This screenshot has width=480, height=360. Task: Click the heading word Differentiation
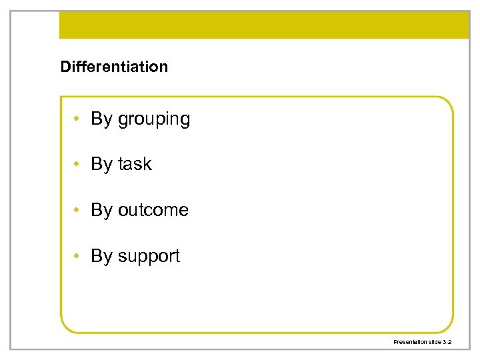(x=114, y=67)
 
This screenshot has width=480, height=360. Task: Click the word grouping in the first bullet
(x=154, y=119)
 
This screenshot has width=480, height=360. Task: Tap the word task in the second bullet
(x=135, y=164)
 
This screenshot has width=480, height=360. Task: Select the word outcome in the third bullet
(x=153, y=210)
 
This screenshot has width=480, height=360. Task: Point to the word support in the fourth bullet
(x=149, y=256)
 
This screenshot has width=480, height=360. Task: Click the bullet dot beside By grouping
(x=78, y=119)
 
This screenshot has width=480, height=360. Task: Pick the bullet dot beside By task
(x=78, y=165)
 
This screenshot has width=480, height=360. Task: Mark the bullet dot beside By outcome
(x=78, y=211)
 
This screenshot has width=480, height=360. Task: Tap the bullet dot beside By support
(x=78, y=256)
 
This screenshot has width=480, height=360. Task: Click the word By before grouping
(x=102, y=119)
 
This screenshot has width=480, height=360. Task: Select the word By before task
(x=102, y=164)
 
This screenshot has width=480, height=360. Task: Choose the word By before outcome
(x=102, y=210)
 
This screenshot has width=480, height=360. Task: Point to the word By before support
(x=102, y=256)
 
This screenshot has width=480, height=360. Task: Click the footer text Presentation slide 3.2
(x=423, y=341)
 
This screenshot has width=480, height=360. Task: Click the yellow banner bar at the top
(x=265, y=25)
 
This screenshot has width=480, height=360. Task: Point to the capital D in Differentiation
(x=65, y=67)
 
